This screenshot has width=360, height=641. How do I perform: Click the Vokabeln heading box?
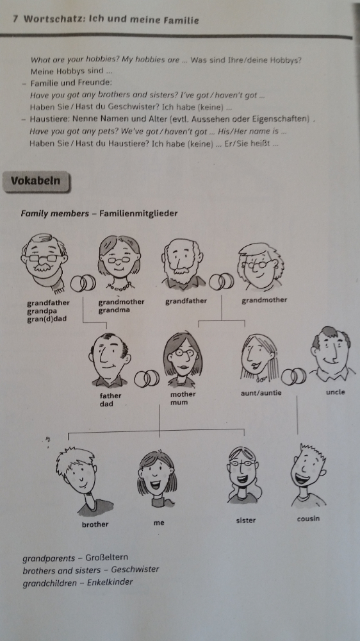click(x=37, y=181)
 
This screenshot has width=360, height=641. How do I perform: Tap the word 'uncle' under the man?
click(x=336, y=392)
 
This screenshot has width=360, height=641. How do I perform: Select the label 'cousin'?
click(x=309, y=519)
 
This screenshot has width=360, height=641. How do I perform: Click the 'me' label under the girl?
click(x=159, y=523)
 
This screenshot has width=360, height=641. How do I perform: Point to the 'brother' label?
click(x=95, y=524)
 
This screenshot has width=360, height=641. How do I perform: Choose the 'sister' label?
click(x=246, y=520)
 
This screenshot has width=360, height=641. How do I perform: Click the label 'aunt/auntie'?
click(x=261, y=394)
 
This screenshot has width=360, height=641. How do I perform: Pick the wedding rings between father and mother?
click(x=147, y=379)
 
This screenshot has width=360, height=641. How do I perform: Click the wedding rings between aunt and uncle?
click(x=293, y=376)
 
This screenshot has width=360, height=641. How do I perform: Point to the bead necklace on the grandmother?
click(x=119, y=285)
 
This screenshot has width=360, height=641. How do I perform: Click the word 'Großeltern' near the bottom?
click(x=106, y=558)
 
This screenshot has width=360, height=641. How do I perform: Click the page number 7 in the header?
click(x=15, y=19)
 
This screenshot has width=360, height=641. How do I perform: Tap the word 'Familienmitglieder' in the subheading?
click(x=138, y=213)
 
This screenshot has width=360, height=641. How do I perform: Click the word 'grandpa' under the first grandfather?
click(x=42, y=311)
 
